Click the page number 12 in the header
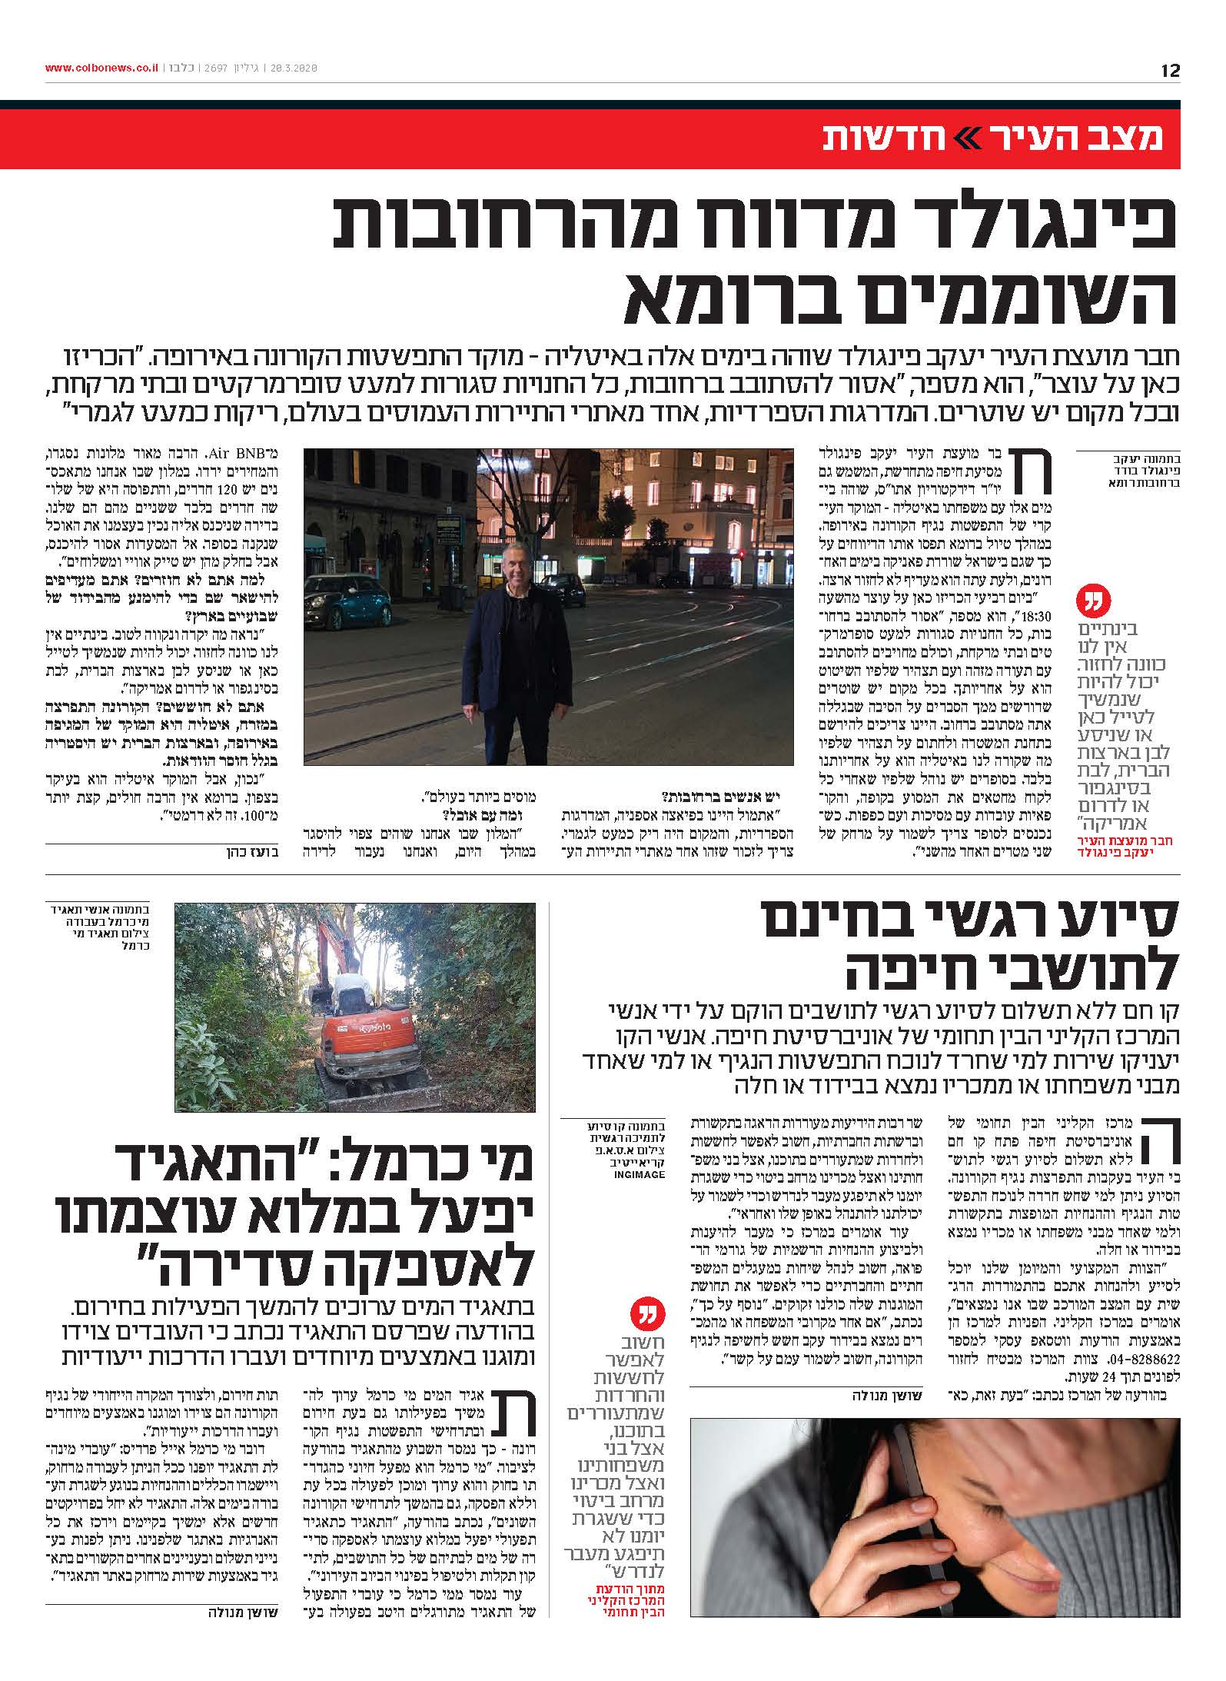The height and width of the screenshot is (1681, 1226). point(1169,71)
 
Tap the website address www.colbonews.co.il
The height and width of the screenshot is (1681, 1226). point(101,68)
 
